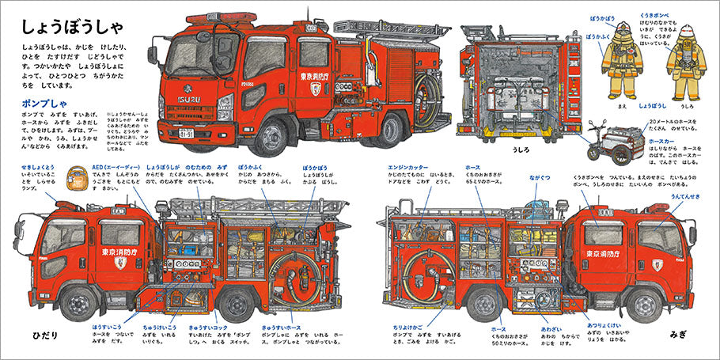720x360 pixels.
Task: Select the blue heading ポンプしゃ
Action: [39, 104]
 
